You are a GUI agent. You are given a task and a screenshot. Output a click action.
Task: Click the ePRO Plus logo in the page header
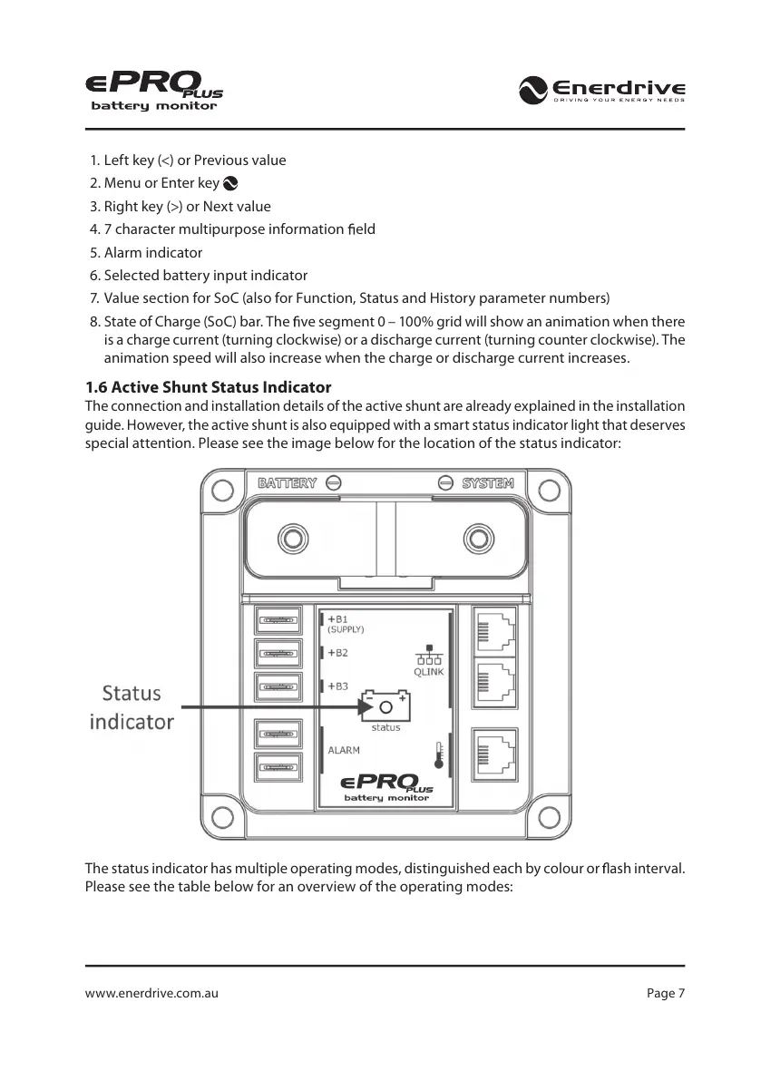point(154,92)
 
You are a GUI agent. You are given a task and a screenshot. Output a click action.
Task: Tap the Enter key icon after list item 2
point(230,183)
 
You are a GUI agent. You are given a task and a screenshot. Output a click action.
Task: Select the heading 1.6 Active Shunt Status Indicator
point(208,387)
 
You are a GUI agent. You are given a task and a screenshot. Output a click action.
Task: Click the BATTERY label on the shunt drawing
point(288,483)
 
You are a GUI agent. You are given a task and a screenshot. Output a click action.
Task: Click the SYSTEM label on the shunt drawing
point(488,483)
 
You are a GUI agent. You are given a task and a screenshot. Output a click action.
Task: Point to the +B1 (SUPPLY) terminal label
point(346,624)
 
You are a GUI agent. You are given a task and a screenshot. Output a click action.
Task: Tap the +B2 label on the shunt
point(338,653)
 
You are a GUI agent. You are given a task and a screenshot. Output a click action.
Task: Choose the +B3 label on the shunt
point(338,686)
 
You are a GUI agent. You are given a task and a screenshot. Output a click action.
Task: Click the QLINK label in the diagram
point(429,672)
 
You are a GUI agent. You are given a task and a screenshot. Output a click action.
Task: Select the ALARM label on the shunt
point(344,750)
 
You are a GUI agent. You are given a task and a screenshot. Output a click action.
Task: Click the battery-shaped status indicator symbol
point(386,706)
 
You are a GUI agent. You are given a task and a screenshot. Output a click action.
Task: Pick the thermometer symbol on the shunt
point(439,754)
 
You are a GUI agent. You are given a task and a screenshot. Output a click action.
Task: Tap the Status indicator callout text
point(132,707)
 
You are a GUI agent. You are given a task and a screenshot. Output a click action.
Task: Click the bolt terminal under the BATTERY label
point(292,538)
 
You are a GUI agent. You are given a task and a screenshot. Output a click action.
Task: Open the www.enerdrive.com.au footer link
point(151,993)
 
